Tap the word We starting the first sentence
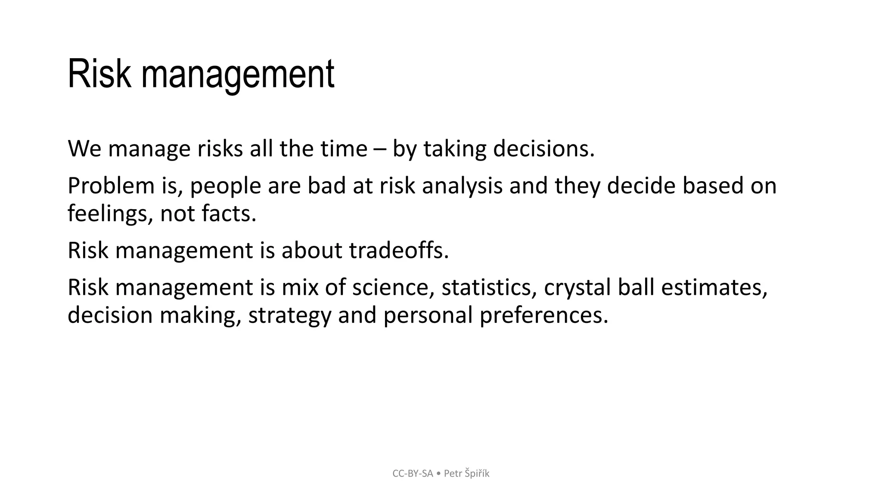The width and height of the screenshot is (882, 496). [x=84, y=149]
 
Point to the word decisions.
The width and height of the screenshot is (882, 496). [x=543, y=149]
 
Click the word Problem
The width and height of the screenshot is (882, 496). [x=111, y=186]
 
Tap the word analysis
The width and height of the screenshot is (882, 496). [x=462, y=186]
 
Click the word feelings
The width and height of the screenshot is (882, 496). [x=108, y=214]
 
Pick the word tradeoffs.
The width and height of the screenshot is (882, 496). [x=399, y=251]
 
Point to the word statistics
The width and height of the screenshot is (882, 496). [x=489, y=288]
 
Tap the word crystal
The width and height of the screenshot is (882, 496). [x=577, y=288]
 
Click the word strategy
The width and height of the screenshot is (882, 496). [x=289, y=316]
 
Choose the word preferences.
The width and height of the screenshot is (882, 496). [x=543, y=316]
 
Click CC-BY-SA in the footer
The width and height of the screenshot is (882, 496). [x=413, y=474]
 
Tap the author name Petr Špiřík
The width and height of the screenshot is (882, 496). [x=466, y=474]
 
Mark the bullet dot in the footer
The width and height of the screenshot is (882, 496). [x=438, y=474]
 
